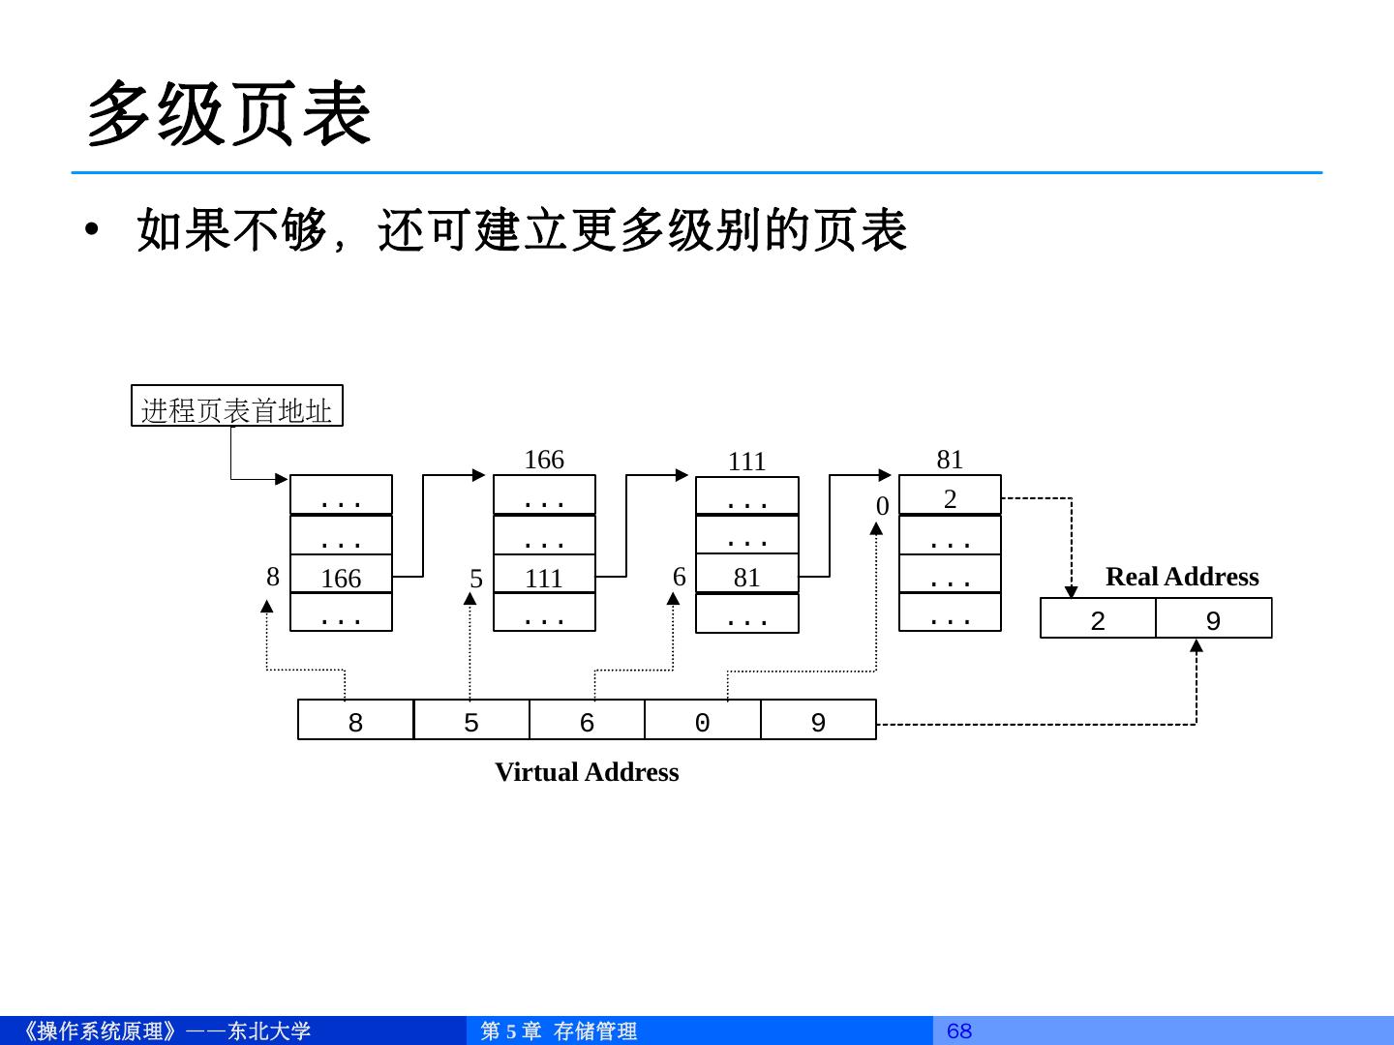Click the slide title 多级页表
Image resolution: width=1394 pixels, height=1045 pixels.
coord(229,114)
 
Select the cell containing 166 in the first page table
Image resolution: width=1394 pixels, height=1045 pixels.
coord(341,578)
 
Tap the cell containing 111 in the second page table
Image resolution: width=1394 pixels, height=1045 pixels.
coord(544,578)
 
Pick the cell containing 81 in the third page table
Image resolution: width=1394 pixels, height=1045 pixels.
coord(747,577)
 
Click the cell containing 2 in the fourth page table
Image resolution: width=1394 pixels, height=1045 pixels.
coord(950,498)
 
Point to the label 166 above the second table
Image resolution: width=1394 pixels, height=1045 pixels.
coord(544,460)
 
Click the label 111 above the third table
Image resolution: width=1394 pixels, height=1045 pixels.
coord(747,462)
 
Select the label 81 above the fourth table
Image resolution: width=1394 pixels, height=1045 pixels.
coord(950,460)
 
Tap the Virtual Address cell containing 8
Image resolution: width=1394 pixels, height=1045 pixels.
coord(355,722)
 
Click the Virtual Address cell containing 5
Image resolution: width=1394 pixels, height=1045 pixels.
coord(471,722)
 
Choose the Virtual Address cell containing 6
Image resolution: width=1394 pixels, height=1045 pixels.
coord(587,722)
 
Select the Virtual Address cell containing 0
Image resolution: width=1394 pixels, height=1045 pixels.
coord(703,722)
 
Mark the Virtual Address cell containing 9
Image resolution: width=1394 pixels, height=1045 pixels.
coord(818,722)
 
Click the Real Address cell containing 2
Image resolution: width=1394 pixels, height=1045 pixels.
coord(1098,620)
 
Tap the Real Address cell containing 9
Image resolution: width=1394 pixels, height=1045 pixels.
coord(1213,620)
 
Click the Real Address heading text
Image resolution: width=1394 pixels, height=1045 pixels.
coord(1182,577)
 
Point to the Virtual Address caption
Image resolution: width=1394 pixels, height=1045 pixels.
coord(587,772)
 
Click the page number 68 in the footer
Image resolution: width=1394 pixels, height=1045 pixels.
coord(959,1030)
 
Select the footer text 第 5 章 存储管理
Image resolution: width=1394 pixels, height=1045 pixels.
coord(560,1030)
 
